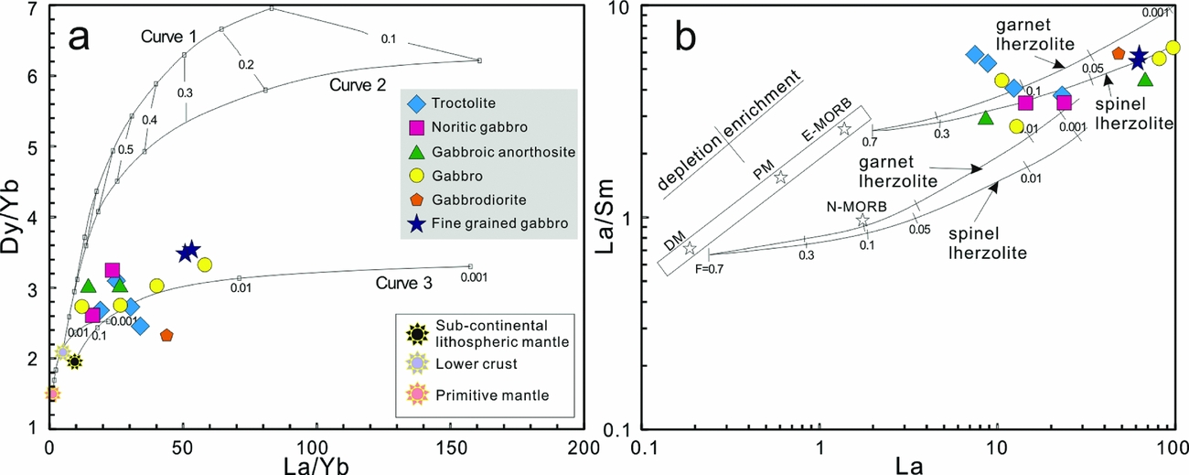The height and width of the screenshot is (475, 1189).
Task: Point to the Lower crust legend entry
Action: [417, 363]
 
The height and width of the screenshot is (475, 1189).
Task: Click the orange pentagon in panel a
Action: [166, 336]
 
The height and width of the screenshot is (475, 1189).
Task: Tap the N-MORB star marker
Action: [862, 221]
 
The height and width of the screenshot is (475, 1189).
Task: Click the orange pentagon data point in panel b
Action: [1118, 53]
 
